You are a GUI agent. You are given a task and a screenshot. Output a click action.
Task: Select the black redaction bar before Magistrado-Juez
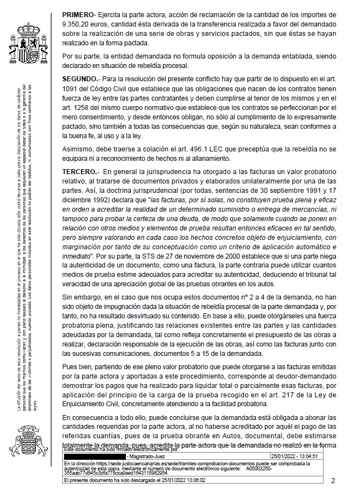(x=94, y=456)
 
